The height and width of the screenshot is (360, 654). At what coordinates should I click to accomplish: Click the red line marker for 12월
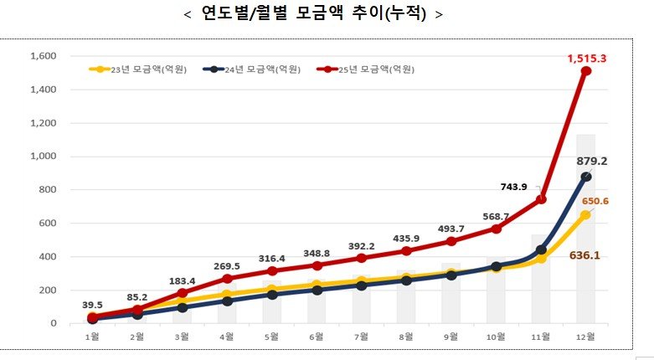tap(586, 71)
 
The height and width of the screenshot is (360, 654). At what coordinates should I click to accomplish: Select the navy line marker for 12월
tap(586, 177)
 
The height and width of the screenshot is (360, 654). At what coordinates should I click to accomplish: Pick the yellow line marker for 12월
tap(586, 215)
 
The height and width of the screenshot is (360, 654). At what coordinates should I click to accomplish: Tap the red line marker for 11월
tap(541, 199)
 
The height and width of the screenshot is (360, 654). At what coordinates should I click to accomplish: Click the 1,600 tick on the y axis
tap(42, 56)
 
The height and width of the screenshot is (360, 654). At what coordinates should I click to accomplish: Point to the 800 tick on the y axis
tap(46, 190)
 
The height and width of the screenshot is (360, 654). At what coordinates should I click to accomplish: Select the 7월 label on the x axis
tap(361, 337)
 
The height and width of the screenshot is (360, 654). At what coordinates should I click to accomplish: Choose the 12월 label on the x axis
tap(585, 337)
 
